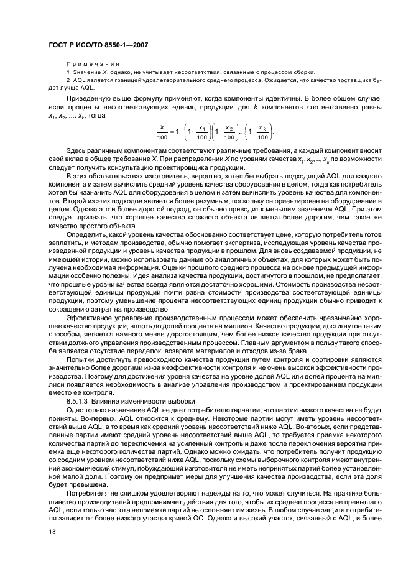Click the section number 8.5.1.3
(x=78, y=401)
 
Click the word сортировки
(x=333, y=360)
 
